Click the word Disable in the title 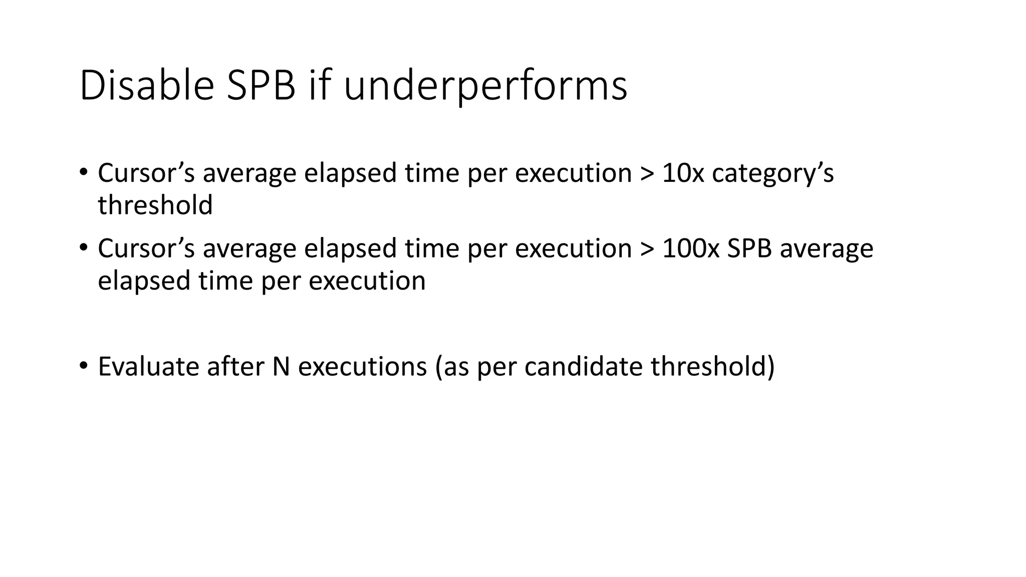(x=147, y=86)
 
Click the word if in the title (x=319, y=86)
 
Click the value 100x (x=690, y=248)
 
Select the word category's (x=773, y=174)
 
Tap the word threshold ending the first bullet (x=155, y=205)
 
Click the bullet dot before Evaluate (x=83, y=365)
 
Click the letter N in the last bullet (x=281, y=366)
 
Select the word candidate (x=583, y=366)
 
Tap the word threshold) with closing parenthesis (x=712, y=366)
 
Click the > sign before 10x (x=647, y=174)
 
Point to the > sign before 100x (x=647, y=249)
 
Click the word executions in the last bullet (x=362, y=366)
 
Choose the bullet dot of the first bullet (x=83, y=172)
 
